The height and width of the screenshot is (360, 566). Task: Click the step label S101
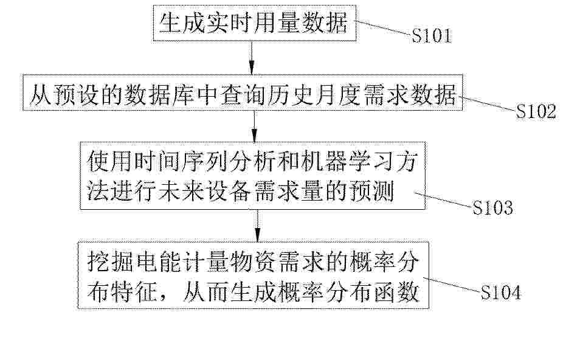432,36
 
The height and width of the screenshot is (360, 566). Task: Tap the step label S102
536,111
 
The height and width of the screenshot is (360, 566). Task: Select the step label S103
492,207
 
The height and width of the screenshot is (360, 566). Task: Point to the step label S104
501,292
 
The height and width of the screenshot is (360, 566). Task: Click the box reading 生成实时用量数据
255,24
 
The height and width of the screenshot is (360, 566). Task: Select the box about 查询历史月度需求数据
243,92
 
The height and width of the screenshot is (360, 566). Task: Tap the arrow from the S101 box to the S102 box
252,58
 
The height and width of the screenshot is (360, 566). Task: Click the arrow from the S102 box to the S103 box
255,126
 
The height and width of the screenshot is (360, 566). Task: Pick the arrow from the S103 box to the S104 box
257,226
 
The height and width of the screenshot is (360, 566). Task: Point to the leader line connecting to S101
384,27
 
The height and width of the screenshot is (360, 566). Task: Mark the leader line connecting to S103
443,199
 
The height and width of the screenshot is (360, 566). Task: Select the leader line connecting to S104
452,285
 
